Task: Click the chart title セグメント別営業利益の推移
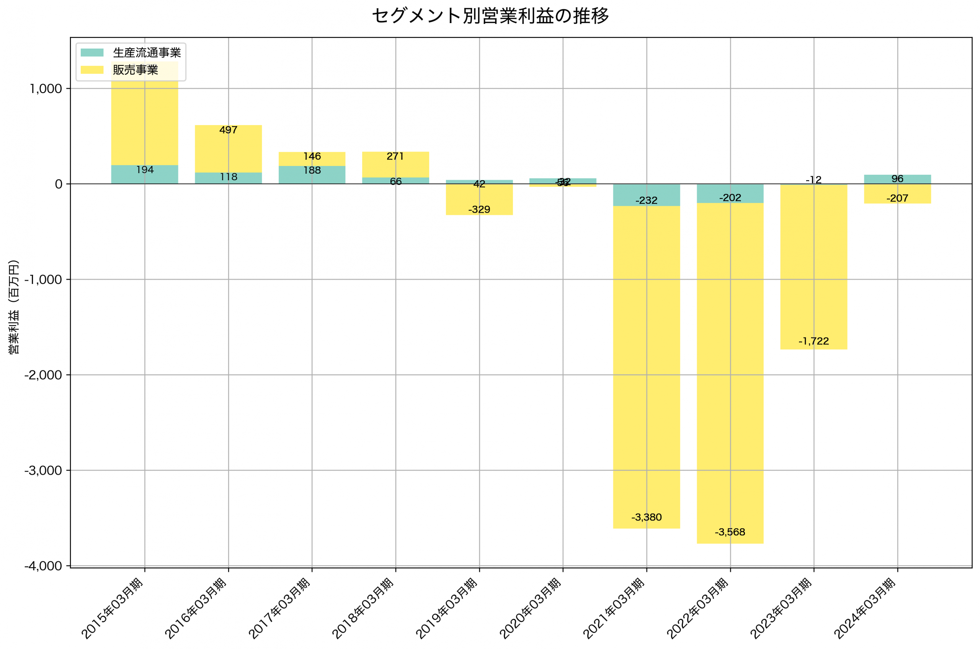490,16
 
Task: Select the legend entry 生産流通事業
147,52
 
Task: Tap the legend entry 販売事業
136,70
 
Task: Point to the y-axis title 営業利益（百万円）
14,307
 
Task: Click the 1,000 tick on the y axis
46,89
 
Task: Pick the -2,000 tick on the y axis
43,375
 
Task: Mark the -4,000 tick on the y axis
43,566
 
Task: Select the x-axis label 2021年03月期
614,608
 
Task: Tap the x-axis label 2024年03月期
865,608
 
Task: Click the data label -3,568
730,532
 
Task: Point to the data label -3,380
646,517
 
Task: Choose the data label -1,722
813,341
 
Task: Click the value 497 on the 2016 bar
228,130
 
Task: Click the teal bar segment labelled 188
312,175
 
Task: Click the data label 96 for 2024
897,179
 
